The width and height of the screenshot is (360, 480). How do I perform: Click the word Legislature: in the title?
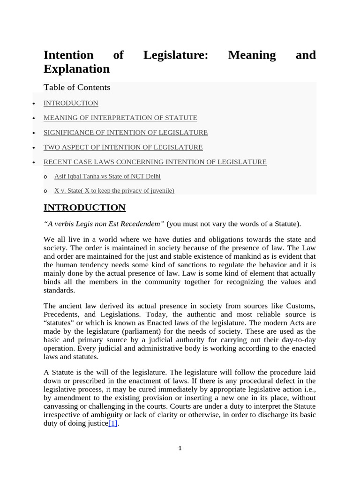point(176,55)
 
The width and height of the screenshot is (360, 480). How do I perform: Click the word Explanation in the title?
point(76,69)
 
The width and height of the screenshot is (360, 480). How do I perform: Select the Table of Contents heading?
point(77,88)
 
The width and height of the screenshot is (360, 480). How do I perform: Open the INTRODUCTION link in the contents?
point(71,103)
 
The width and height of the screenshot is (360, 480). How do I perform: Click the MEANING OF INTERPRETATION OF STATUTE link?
point(120,118)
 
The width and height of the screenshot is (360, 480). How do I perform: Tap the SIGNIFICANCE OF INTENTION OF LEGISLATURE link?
point(126,133)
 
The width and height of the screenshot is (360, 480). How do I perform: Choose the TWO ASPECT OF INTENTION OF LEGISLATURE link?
point(123,147)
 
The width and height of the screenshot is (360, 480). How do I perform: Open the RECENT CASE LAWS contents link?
point(155,162)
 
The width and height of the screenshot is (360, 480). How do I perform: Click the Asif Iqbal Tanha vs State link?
point(107,177)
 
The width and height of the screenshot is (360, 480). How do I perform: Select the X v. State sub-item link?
point(114,191)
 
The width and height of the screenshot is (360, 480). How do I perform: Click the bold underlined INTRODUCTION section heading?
point(84,208)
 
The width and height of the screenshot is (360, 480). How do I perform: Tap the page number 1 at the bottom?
point(180,449)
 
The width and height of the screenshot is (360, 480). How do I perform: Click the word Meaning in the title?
point(252,55)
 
